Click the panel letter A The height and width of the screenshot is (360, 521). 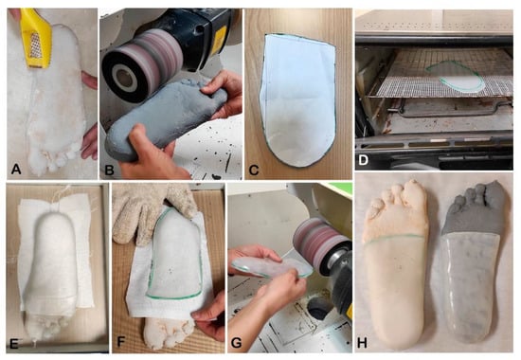coord(15,170)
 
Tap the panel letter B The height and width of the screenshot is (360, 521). coord(109,171)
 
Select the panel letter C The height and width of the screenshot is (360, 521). coord(254,171)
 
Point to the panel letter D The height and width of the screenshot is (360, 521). coord(363,160)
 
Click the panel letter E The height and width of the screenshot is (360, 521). coord(14,344)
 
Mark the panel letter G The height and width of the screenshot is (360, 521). coord(236,343)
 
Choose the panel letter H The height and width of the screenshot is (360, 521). coord(362,343)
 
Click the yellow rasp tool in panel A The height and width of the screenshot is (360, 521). coord(36,37)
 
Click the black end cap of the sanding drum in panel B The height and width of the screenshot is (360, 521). coord(122,76)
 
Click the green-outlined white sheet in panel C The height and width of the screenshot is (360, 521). coord(298,99)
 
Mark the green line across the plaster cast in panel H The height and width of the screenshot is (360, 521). coord(394,239)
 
